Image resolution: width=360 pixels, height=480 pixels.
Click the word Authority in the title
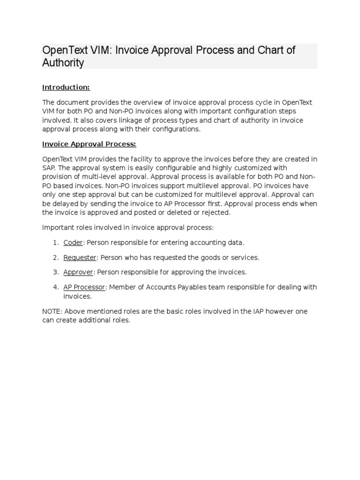[x=63, y=63]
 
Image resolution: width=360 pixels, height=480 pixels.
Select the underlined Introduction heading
[x=66, y=87]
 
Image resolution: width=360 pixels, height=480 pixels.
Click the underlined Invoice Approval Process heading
[x=89, y=144]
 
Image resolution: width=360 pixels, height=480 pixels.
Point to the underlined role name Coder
[x=73, y=242]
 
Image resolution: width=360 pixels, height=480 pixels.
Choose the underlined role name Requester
[x=80, y=257]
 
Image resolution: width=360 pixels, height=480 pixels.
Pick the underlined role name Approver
[x=79, y=272]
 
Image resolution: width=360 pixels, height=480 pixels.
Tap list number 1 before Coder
[x=55, y=242]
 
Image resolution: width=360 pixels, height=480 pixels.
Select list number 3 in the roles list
[x=55, y=272]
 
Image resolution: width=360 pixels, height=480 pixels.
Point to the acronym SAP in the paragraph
[x=49, y=168]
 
